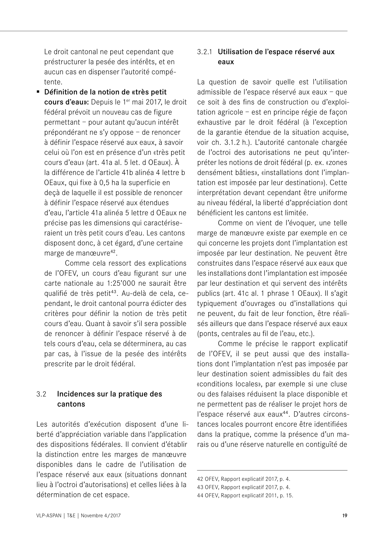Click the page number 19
[344, 515]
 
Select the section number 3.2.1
[205, 52]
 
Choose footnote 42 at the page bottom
[201, 479]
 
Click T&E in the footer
[71, 516]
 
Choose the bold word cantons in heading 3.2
[71, 404]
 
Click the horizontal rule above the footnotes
[272, 471]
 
